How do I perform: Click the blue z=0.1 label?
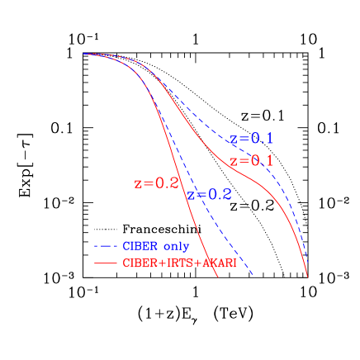[x=251, y=139]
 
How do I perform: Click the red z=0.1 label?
[x=251, y=160]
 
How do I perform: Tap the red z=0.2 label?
[x=156, y=183]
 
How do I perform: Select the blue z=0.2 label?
[x=209, y=195]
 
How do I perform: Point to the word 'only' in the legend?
[x=176, y=246]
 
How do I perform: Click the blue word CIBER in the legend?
[x=140, y=246]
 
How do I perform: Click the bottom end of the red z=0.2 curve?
[x=218, y=277]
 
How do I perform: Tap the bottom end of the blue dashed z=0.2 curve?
[x=253, y=276]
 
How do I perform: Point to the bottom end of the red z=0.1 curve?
[x=307, y=277]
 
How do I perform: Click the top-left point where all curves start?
[x=84, y=54]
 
